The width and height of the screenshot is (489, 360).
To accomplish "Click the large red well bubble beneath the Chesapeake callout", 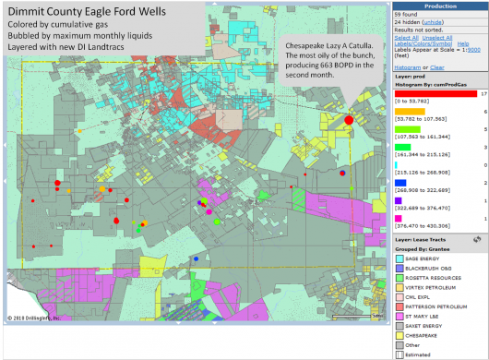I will click(349, 120).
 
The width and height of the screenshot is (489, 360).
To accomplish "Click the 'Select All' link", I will click(404, 37).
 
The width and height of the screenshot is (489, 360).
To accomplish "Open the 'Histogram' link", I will click(407, 67).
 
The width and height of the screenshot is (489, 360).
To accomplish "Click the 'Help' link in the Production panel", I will click(463, 43).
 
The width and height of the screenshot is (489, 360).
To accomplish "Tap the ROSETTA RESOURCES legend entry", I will click(431, 278).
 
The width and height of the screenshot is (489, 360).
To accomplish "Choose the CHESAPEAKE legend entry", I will click(425, 334).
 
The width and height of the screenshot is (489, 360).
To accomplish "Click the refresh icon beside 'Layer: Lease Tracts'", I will click(481, 240).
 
